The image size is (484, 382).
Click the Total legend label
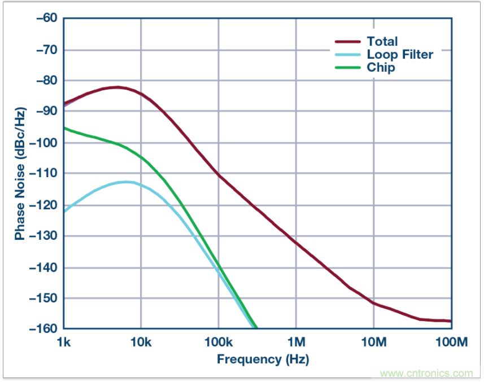382,41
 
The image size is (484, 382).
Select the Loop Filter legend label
400,55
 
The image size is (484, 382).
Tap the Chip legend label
381,68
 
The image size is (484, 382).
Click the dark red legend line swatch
347,41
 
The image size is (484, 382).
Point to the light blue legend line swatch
347,55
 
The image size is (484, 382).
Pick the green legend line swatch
347,68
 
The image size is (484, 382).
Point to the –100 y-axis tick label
44,142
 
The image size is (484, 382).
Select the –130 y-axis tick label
44,236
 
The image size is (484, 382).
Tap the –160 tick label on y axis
44,328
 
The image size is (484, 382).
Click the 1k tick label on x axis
63,343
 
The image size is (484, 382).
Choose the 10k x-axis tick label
141,343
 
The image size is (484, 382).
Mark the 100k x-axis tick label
218,343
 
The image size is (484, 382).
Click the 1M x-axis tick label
296,343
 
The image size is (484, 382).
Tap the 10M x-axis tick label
373,343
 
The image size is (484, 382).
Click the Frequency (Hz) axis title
263,359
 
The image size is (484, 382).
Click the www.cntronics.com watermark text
426,373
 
